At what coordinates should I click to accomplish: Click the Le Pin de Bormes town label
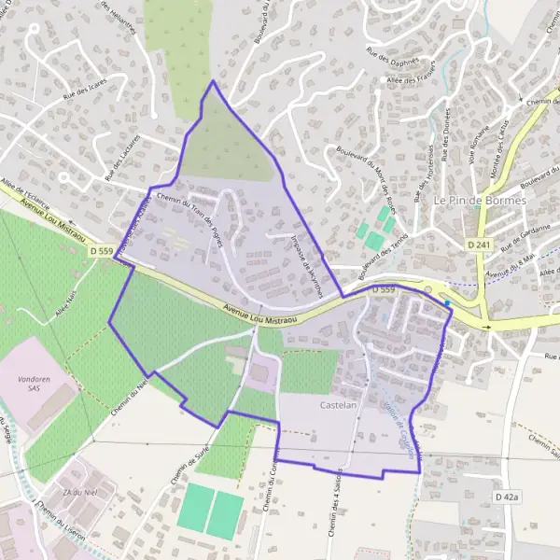pos(480,200)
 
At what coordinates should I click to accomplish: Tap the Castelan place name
pos(340,407)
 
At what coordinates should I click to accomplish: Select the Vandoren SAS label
pos(35,386)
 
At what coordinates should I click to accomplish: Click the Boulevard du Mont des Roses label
pos(380,178)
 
